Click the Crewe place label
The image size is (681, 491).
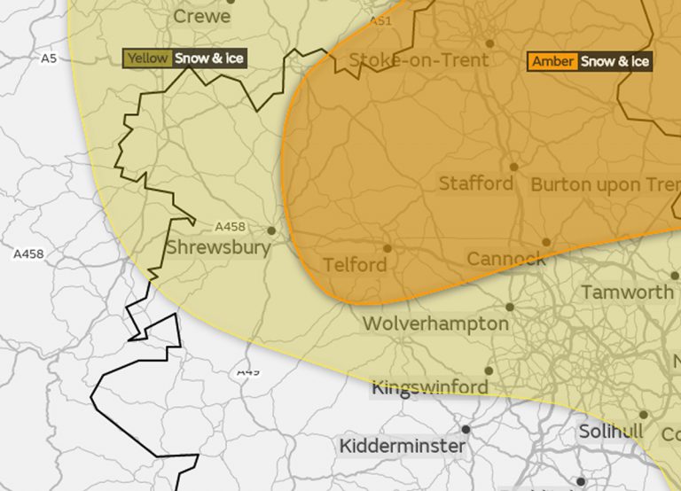201,16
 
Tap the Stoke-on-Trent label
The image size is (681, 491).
419,60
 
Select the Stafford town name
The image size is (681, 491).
476,183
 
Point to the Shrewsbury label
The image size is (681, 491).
218,246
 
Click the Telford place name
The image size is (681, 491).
355,265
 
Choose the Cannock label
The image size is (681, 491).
506,259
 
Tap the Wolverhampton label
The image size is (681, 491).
435,323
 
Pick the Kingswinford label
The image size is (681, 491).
429,387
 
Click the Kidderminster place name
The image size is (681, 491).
402,446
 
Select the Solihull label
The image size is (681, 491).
610,431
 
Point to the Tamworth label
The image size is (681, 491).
627,292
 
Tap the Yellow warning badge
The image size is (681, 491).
147,58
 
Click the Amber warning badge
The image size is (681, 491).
552,61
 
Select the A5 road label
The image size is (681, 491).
49,58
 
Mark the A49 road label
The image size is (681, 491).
248,371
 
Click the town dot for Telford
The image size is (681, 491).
387,248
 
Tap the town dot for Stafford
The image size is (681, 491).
513,166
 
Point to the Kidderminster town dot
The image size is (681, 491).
466,428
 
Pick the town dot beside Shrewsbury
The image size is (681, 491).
271,230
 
